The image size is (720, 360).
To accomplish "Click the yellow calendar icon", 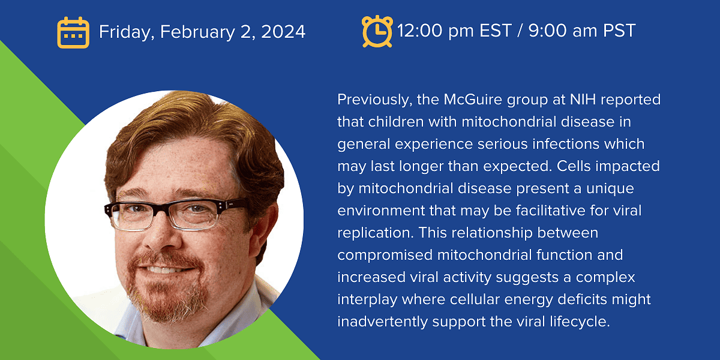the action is pos(73,32).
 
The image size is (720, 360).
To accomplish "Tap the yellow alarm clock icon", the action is pos(377,31).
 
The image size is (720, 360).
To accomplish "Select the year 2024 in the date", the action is pos(283,31).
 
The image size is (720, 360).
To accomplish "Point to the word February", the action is pos(197,32).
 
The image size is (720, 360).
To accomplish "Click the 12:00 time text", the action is pos(419,31).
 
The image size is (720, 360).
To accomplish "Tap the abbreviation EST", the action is pos(496,31).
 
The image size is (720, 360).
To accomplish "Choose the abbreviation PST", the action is pos(619,31).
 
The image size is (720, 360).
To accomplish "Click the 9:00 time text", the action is pos(547,31).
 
